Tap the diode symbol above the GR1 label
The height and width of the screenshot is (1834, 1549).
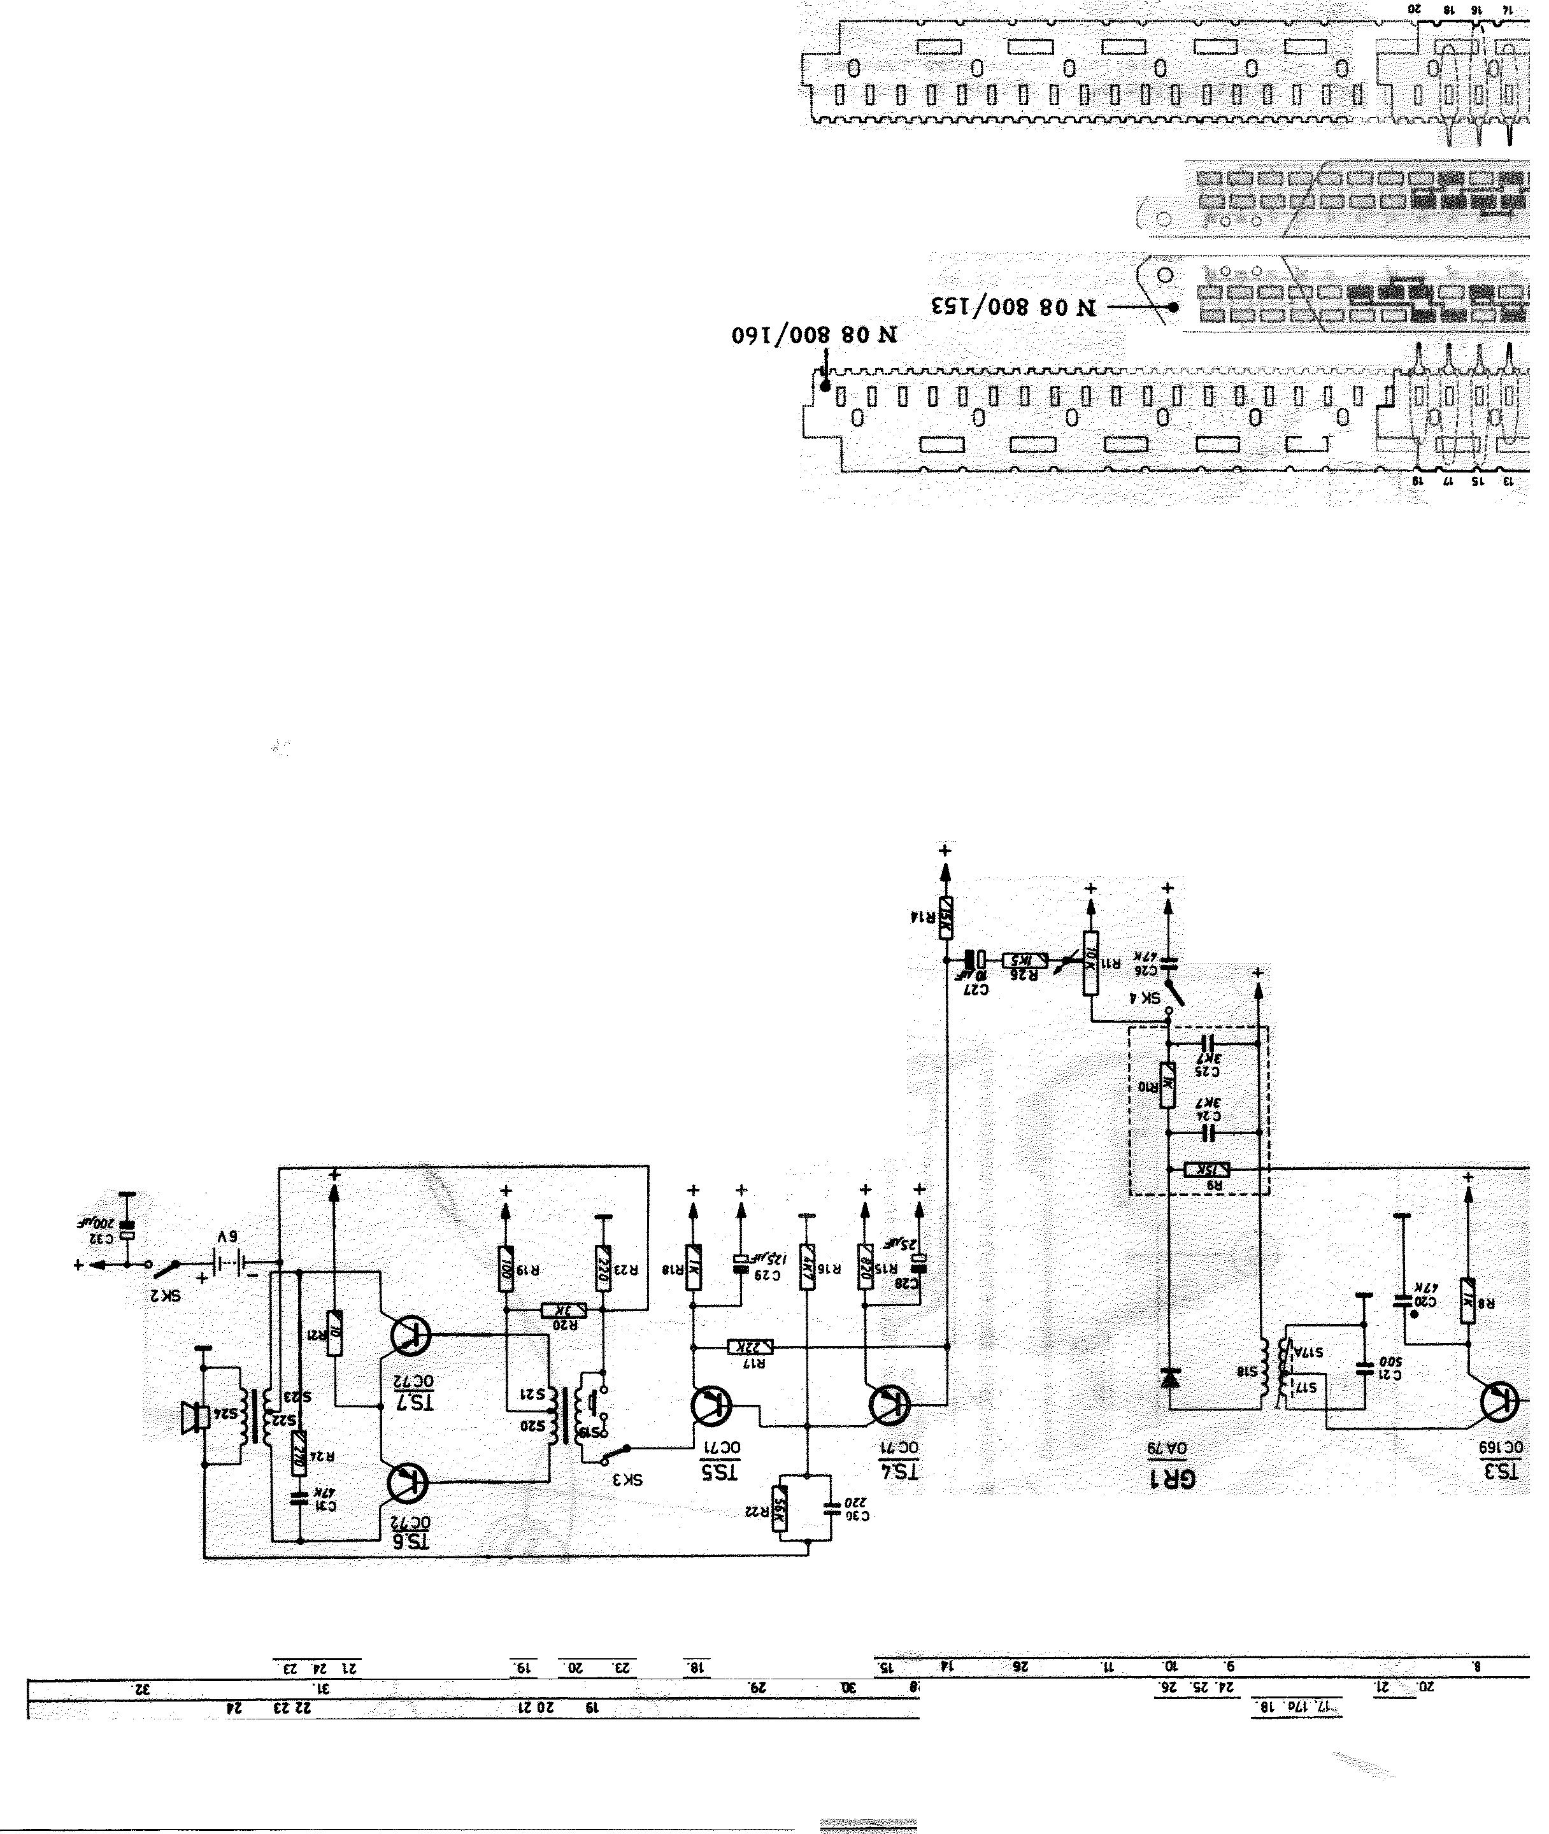coord(1169,1377)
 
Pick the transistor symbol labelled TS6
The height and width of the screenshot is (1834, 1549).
coord(408,1482)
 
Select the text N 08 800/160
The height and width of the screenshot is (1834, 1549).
coord(814,336)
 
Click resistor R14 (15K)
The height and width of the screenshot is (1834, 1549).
coord(946,918)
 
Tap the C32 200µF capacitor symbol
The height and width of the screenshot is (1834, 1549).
coord(127,1229)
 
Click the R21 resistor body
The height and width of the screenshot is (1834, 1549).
coord(334,1333)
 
